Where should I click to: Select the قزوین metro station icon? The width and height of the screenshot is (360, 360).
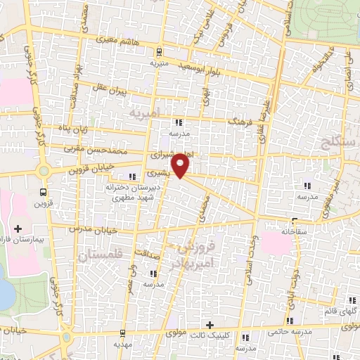(x=44, y=191)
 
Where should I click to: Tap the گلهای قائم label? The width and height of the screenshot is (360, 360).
(x=337, y=311)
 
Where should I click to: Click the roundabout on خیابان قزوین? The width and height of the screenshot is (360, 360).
(x=45, y=170)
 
